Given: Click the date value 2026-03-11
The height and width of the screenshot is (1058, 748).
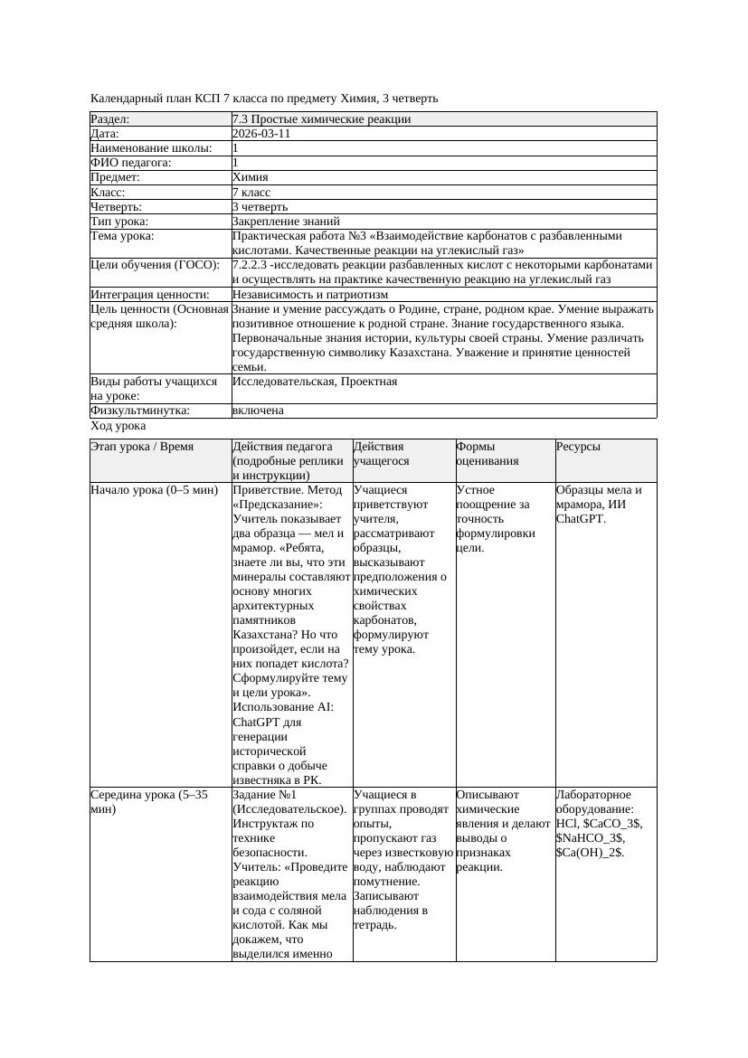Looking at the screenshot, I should (x=260, y=134).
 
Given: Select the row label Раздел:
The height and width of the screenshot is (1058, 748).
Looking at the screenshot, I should (x=109, y=119).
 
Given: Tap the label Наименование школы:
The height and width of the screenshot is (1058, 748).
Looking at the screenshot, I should (x=152, y=148).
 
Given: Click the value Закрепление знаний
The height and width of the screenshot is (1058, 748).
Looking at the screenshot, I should (x=286, y=221).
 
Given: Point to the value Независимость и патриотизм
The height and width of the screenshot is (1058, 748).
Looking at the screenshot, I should (x=310, y=295).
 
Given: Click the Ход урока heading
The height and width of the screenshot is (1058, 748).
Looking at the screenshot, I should (x=118, y=426).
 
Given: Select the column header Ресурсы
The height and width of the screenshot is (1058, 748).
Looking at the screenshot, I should (x=578, y=447).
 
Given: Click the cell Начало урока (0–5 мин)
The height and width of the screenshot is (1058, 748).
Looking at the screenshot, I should (x=155, y=490).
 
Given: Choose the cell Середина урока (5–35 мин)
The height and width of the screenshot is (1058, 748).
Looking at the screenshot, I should (x=149, y=801).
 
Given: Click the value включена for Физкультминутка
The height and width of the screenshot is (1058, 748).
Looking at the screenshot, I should (x=258, y=411).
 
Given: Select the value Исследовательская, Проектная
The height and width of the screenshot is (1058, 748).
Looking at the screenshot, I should (x=314, y=382).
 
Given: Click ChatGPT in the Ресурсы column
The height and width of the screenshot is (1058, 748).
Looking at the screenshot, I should (x=580, y=519).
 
